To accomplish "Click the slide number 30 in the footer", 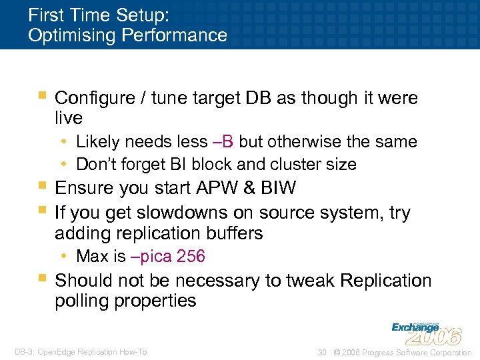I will tap(322, 353).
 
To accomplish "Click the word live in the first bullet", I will tap(69, 118).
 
